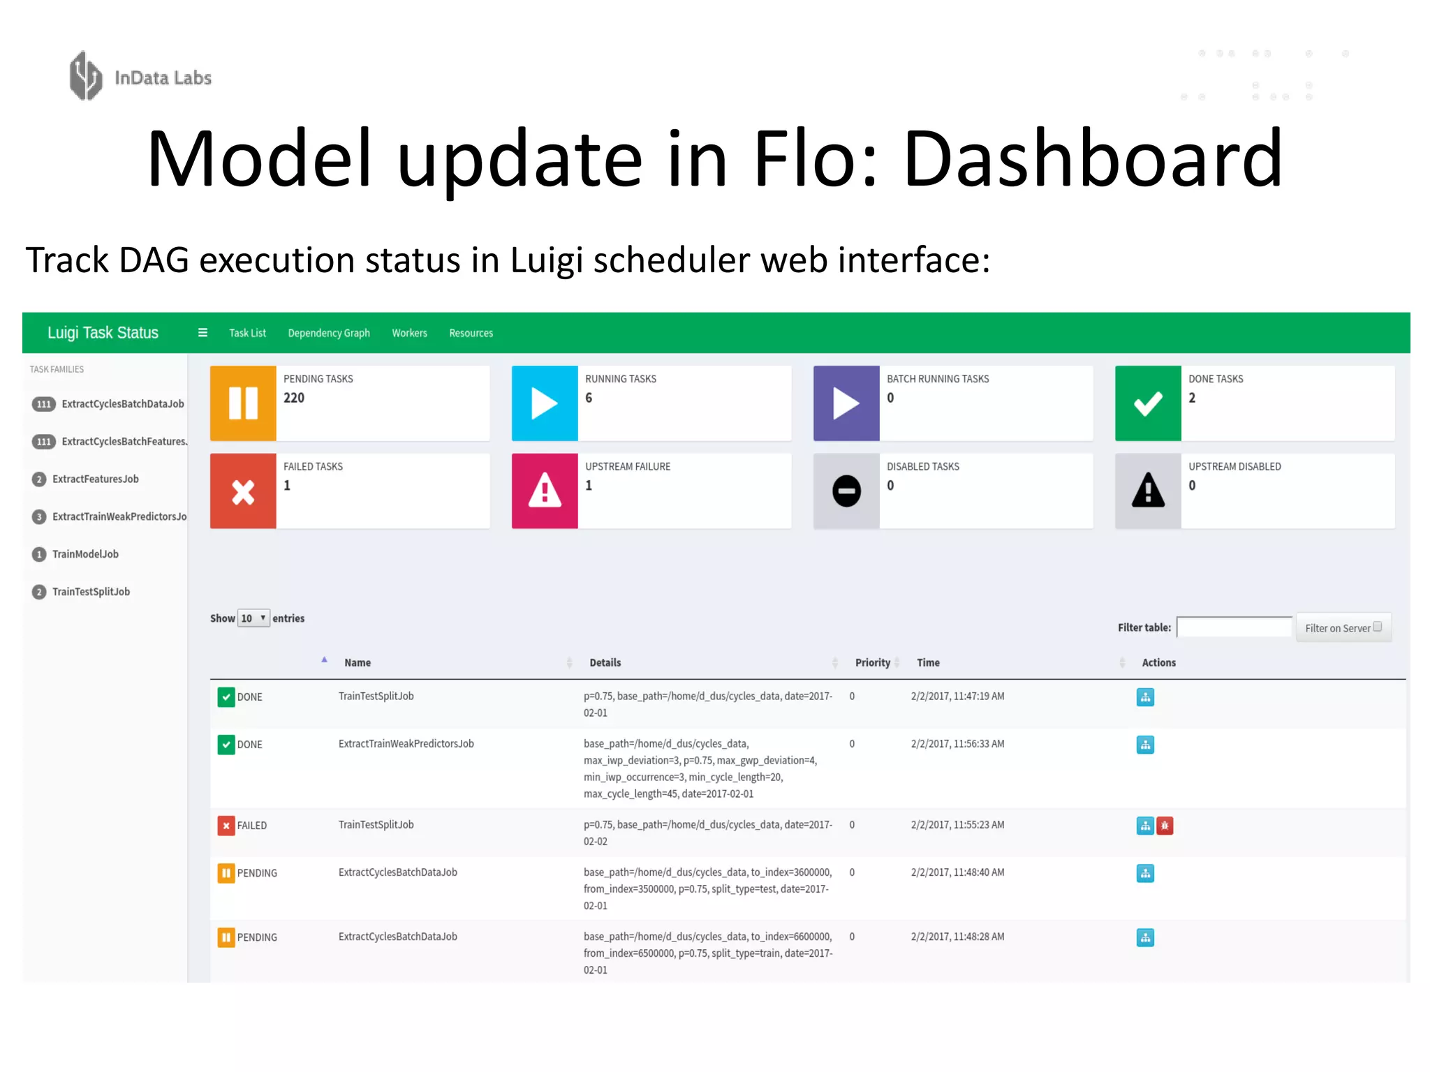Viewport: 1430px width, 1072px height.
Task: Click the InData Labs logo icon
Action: [86, 76]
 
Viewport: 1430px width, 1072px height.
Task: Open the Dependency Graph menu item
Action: [329, 333]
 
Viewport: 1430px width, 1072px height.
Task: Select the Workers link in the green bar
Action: [409, 333]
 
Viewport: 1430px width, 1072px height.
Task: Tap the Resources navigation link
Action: [471, 333]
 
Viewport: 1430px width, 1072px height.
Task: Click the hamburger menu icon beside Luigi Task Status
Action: [202, 333]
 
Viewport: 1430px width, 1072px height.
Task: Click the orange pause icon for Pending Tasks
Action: [243, 403]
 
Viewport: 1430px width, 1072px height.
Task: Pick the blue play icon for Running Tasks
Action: [545, 403]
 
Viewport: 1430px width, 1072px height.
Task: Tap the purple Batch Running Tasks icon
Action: [846, 403]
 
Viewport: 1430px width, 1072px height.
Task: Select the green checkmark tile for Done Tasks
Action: [1148, 403]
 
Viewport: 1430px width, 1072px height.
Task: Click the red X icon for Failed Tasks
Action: [243, 491]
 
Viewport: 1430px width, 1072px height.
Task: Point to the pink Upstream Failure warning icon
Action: [545, 491]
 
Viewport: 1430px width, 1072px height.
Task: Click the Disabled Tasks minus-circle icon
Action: [846, 491]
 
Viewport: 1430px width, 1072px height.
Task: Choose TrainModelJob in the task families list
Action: [85, 554]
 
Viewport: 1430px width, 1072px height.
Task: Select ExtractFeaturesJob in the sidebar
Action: [95, 479]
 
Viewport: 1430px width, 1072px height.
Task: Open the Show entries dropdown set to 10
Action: [253, 618]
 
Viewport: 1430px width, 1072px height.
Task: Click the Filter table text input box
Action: [1234, 627]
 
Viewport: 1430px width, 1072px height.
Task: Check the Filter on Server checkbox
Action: [1378, 627]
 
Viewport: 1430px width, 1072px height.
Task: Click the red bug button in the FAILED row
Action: [1165, 826]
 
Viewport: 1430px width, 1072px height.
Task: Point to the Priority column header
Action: [873, 662]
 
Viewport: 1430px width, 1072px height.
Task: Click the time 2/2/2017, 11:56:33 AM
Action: [957, 744]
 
